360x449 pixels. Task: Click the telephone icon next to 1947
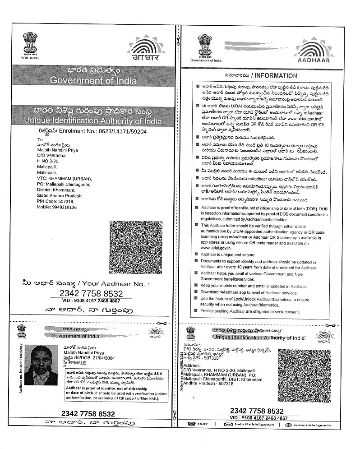click(193, 425)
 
